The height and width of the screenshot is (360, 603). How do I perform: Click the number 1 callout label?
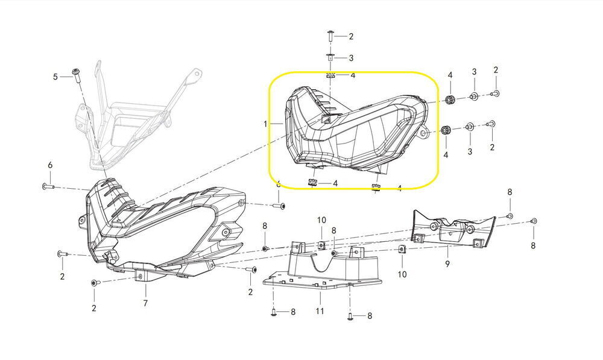click(265, 124)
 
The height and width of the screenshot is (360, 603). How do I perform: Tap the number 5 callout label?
click(55, 77)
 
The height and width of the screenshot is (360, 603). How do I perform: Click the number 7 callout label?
click(145, 303)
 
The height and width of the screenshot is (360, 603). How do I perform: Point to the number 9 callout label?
click(447, 264)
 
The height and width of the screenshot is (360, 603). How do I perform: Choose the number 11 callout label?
click(320, 311)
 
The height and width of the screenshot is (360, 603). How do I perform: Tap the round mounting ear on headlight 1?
click(424, 132)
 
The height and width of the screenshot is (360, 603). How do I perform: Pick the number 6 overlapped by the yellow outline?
click(279, 184)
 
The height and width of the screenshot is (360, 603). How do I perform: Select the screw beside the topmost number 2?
click(330, 36)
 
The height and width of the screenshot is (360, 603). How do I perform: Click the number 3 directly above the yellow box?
click(351, 58)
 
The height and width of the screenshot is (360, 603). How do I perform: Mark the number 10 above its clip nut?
click(321, 220)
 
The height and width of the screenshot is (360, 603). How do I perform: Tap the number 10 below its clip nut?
click(402, 274)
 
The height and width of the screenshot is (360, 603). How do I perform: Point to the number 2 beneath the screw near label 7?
click(94, 308)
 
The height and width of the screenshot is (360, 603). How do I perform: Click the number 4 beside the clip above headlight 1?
click(353, 75)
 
